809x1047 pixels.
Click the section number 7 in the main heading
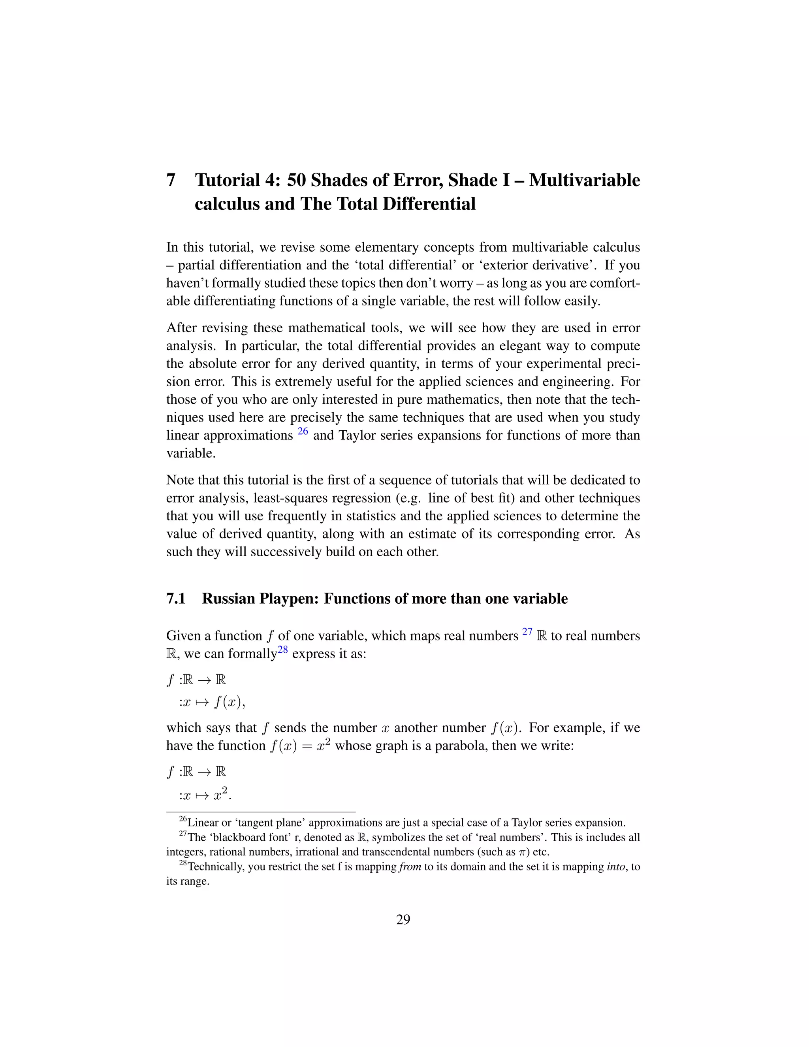171,180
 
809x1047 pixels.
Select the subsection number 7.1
176,599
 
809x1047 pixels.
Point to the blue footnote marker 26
303,431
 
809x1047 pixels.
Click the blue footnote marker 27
527,631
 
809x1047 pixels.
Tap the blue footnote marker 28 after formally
283,650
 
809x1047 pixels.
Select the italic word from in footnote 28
410,867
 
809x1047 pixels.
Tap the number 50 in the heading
297,180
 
